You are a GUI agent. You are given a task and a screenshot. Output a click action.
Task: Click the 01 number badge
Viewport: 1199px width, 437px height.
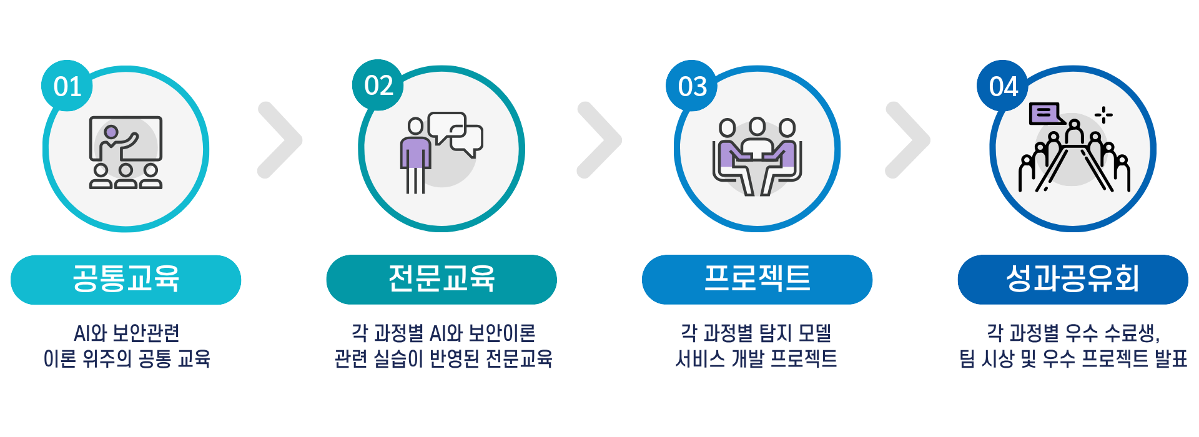coord(67,86)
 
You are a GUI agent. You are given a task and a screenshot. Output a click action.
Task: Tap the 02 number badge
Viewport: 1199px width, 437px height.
coord(378,86)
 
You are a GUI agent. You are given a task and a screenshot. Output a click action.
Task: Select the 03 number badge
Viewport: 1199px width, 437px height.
coord(692,86)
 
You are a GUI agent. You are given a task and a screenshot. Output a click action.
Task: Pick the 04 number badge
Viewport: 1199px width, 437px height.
coord(1003,86)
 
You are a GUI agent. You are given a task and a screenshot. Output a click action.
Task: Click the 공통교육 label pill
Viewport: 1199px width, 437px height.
coord(126,280)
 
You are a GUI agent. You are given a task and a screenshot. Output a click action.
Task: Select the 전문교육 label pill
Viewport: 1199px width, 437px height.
coord(442,280)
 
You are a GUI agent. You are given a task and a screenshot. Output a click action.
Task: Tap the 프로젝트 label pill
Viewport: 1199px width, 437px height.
coord(757,280)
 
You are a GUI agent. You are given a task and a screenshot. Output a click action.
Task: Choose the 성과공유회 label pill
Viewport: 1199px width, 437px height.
coord(1073,280)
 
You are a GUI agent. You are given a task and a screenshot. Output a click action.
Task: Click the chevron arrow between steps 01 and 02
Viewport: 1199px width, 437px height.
coord(280,140)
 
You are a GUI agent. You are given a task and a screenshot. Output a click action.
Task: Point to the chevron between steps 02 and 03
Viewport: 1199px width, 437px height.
coord(599,140)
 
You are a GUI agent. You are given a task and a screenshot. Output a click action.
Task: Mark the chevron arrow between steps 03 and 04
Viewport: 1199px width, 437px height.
coord(908,140)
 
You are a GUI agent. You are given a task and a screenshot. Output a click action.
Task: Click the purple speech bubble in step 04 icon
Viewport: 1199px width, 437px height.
coord(1045,114)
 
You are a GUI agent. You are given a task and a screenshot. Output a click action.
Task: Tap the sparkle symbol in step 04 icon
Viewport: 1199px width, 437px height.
coord(1103,115)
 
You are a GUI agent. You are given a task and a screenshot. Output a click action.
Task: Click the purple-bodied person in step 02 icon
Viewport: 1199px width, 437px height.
coord(415,153)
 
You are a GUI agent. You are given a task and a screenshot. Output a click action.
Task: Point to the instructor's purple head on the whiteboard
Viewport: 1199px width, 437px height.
coord(111,132)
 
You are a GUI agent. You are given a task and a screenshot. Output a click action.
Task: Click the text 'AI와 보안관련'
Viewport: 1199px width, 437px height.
coord(126,333)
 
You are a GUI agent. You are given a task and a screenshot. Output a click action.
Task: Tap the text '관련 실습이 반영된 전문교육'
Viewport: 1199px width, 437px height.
coord(443,359)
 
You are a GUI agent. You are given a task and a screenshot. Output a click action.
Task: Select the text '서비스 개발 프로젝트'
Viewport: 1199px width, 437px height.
coord(756,359)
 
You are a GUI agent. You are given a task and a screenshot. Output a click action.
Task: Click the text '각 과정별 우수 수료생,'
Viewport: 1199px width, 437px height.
coord(1073,333)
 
